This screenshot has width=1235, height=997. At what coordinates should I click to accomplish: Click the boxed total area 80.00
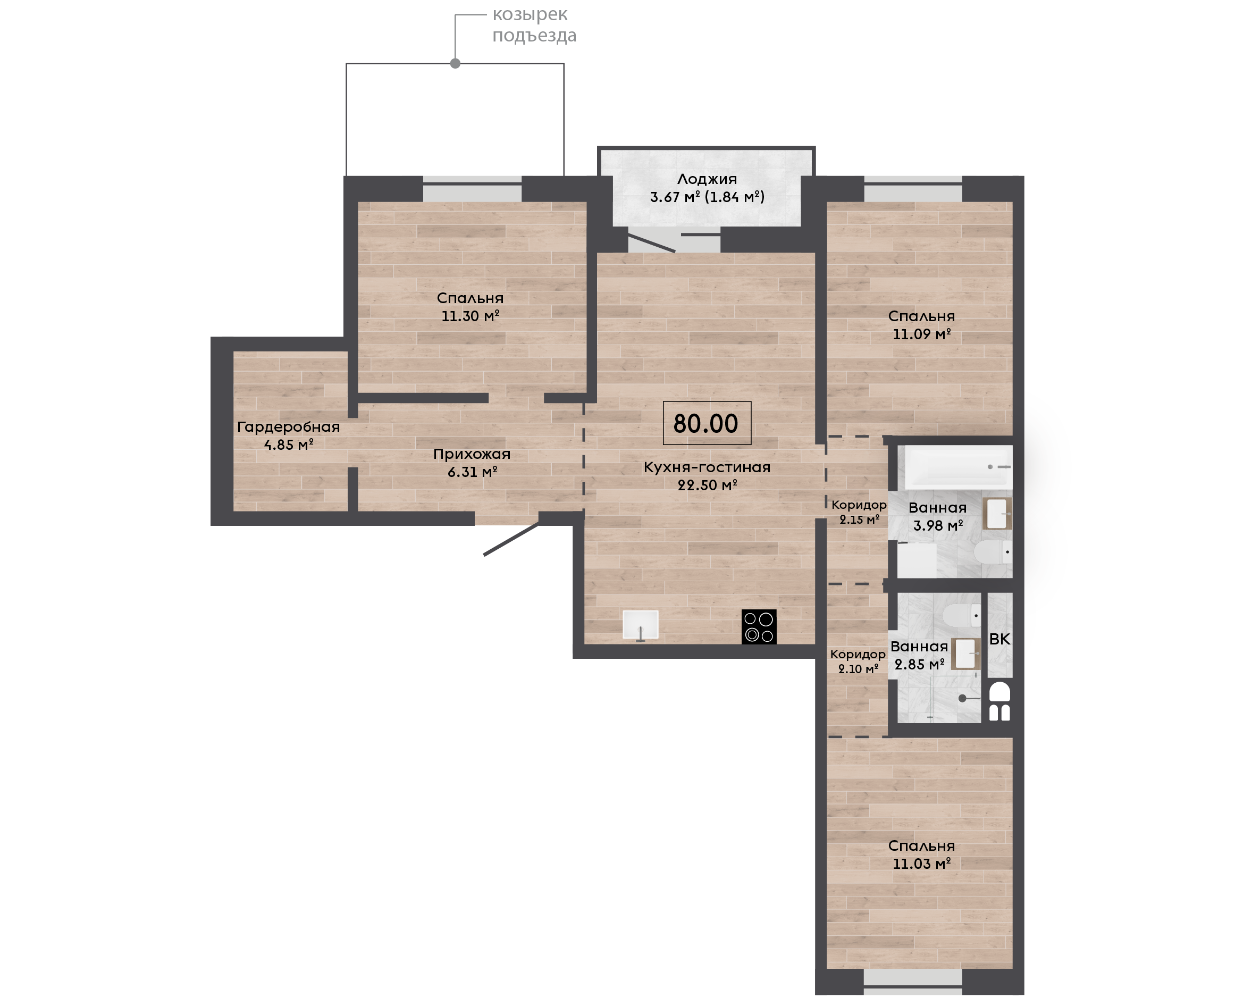click(x=707, y=423)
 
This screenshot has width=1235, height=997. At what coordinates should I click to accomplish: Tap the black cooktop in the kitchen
click(x=759, y=626)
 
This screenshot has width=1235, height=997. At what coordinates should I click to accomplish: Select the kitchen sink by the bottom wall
click(x=641, y=625)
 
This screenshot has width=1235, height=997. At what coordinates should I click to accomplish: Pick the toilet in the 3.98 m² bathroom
click(x=994, y=552)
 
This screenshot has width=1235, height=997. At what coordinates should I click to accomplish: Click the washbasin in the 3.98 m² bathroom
click(x=997, y=514)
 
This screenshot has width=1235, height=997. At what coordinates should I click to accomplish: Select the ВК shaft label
click(x=999, y=639)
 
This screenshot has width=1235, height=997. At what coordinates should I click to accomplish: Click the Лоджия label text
click(x=707, y=179)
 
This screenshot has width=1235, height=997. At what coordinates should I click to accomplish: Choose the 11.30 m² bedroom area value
click(x=470, y=316)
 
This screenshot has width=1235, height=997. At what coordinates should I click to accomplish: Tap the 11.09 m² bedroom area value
click(x=921, y=334)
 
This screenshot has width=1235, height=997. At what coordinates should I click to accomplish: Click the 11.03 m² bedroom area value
click(x=921, y=863)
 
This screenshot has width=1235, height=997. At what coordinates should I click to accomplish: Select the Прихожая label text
click(x=472, y=454)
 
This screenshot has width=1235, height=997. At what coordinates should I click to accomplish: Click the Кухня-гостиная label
click(x=707, y=467)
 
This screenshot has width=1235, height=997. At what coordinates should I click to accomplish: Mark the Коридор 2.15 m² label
click(x=859, y=512)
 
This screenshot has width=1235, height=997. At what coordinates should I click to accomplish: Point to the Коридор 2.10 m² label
click(x=858, y=661)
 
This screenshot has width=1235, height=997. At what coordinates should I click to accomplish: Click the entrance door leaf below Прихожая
click(x=511, y=539)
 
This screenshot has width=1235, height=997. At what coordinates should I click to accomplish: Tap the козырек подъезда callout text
click(x=534, y=24)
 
